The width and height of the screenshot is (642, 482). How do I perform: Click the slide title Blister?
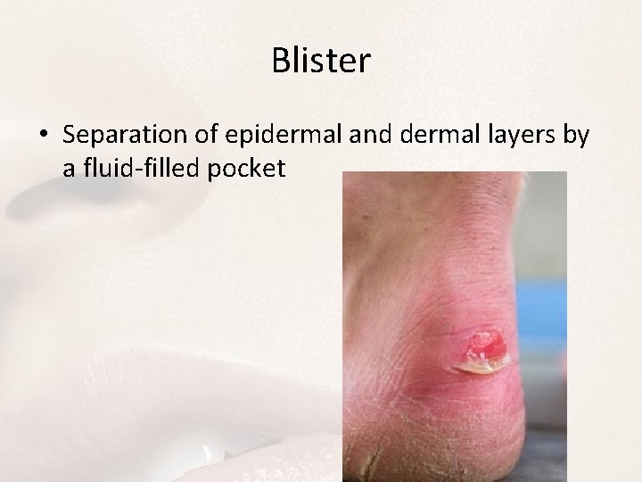(x=320, y=62)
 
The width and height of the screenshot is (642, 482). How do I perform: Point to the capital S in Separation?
(x=71, y=135)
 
